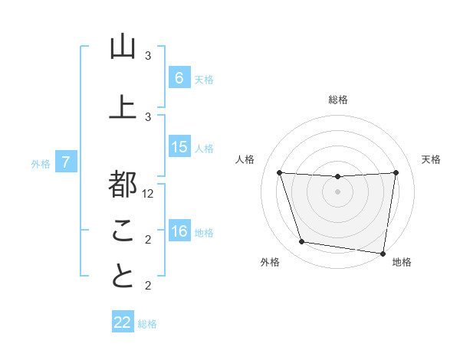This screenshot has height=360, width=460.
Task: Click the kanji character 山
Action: pyautogui.click(x=123, y=47)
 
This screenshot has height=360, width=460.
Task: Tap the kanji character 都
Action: pyautogui.click(x=123, y=184)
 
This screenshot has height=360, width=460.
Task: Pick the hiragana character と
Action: pyautogui.click(x=123, y=277)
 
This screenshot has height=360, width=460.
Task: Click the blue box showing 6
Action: pyautogui.click(x=179, y=77)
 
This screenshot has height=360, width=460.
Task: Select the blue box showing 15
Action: pyautogui.click(x=179, y=147)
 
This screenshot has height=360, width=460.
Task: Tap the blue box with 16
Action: pyautogui.click(x=179, y=231)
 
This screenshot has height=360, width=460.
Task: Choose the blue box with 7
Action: pyautogui.click(x=66, y=162)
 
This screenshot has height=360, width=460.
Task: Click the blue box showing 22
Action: pyautogui.click(x=123, y=322)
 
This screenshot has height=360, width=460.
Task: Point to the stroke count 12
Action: pyautogui.click(x=149, y=194)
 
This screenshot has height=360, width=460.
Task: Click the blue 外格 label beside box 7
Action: pyautogui.click(x=41, y=163)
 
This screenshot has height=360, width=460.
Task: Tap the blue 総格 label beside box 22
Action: pyautogui.click(x=147, y=324)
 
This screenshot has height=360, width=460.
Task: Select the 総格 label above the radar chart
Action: pyautogui.click(x=338, y=100)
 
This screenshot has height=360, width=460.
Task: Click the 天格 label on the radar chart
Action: pyautogui.click(x=432, y=159)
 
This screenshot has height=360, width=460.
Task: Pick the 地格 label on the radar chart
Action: pyautogui.click(x=402, y=262)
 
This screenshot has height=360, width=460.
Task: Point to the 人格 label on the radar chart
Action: pyautogui.click(x=245, y=159)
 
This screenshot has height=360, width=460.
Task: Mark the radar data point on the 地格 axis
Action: pyautogui.click(x=383, y=253)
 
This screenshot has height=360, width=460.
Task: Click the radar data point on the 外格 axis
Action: pyautogui.click(x=302, y=242)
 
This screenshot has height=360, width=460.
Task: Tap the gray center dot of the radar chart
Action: pyautogui.click(x=338, y=191)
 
